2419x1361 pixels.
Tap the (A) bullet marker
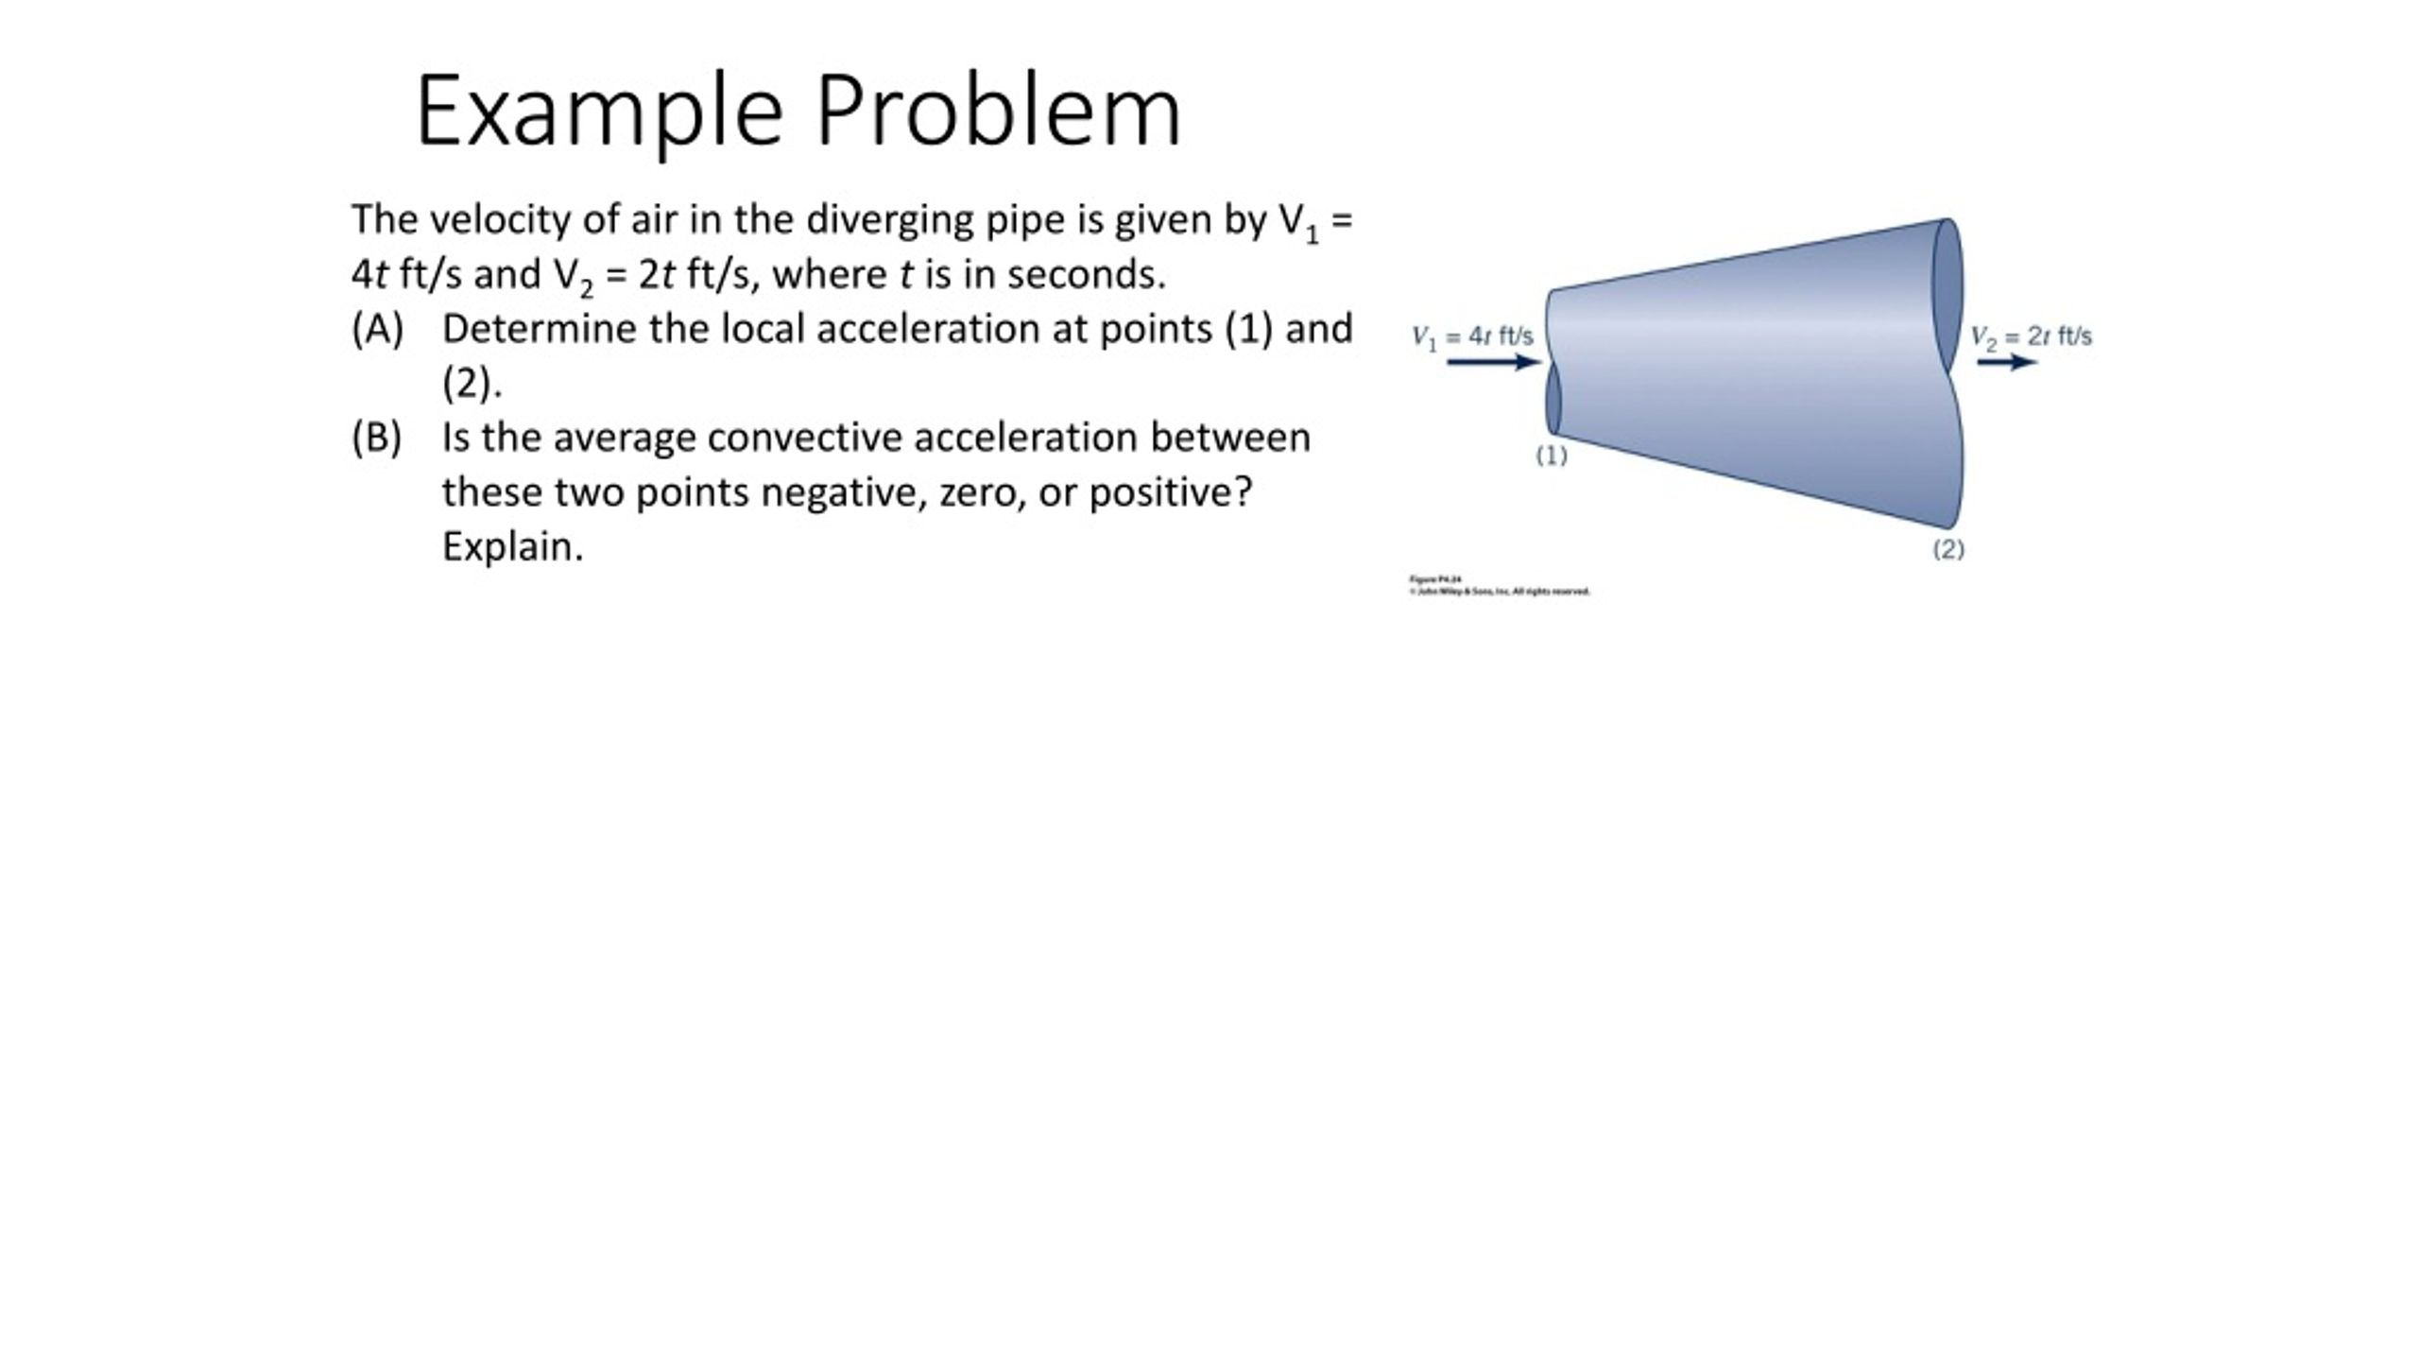[377, 329]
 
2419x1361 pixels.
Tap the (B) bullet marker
[376, 438]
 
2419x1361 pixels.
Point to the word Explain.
[512, 546]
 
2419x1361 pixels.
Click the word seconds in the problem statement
[1086, 274]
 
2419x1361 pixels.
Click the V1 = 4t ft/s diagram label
[1472, 336]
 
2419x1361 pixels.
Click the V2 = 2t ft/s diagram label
[2031, 336]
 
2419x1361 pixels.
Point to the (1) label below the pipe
[1552, 456]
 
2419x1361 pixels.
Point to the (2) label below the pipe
[1948, 549]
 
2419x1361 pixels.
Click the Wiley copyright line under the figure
[1500, 592]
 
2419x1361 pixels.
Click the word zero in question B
[982, 492]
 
